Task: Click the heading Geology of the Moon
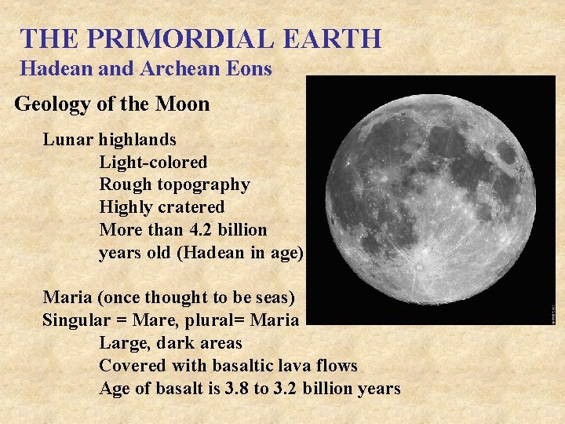coord(112,104)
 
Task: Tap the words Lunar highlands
coord(110,140)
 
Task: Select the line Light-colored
coord(153,163)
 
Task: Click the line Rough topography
coord(174,185)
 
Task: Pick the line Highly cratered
coord(162,207)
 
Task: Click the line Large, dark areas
coord(170,343)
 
